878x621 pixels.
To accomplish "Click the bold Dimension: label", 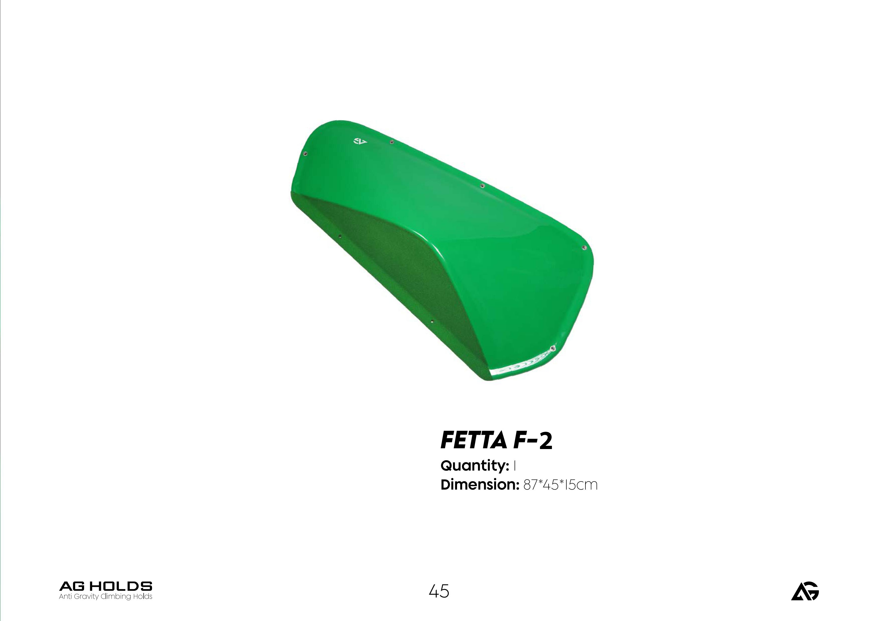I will coord(479,485).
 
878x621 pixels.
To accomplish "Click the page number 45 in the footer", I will coord(439,591).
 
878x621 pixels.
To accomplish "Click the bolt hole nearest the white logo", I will coord(391,142).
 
